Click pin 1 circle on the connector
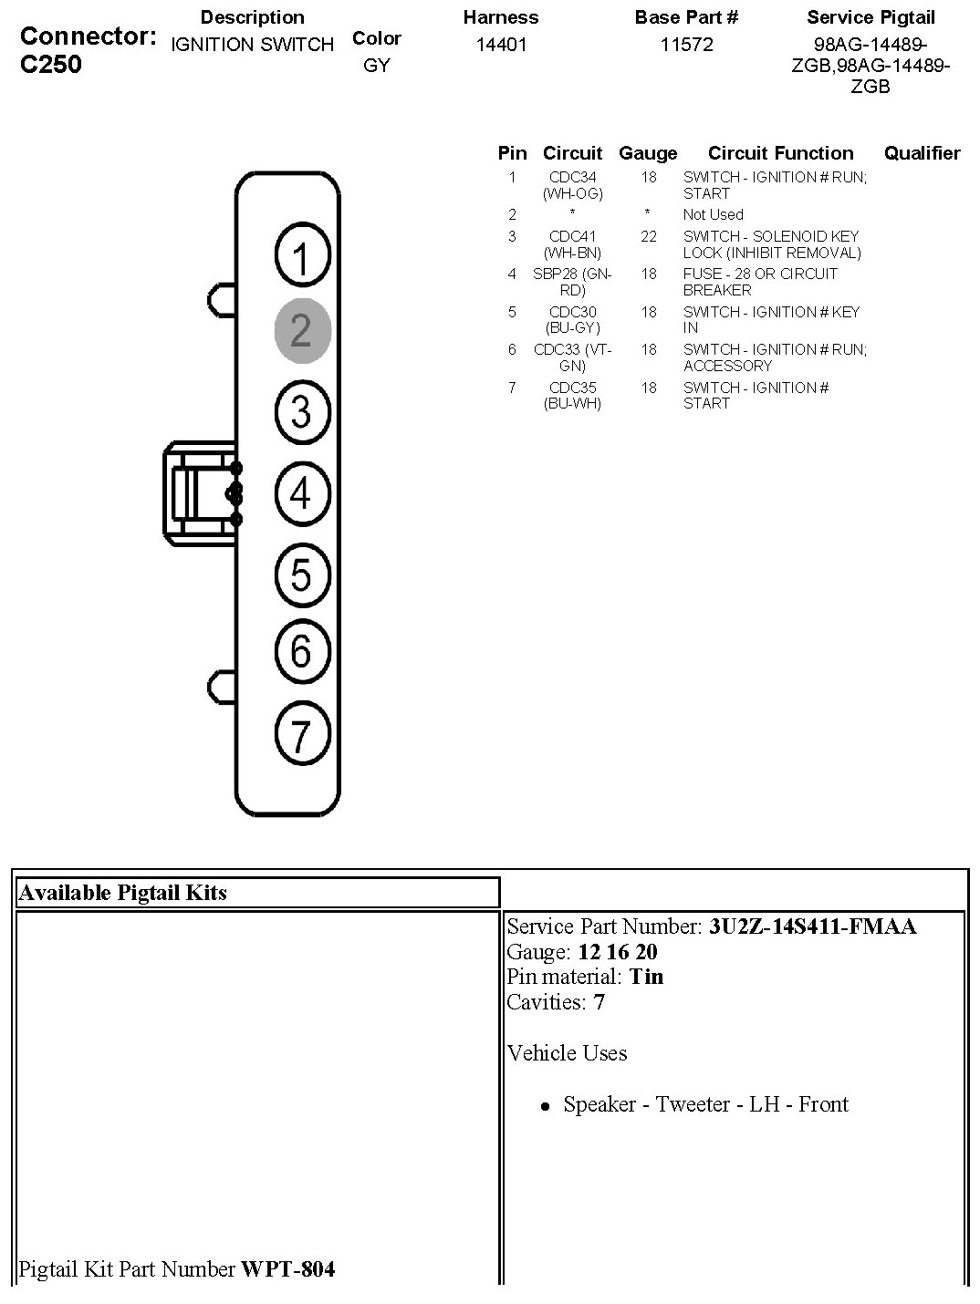click(x=302, y=257)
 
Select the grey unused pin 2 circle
click(x=302, y=330)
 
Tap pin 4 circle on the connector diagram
click(x=302, y=494)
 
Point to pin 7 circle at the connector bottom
click(x=302, y=733)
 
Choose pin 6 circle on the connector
click(x=302, y=651)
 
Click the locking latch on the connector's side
click(x=201, y=493)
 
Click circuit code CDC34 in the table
click(x=572, y=177)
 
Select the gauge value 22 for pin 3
click(x=648, y=236)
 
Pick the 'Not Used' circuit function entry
click(x=713, y=214)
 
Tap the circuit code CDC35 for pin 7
click(x=572, y=388)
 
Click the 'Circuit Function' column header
click(x=780, y=153)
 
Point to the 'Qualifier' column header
click(x=922, y=153)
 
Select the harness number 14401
click(x=501, y=45)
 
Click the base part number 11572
click(x=686, y=45)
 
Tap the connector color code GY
click(x=376, y=66)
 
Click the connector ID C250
click(x=51, y=64)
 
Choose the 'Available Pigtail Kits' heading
click(x=122, y=893)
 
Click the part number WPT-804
click(x=287, y=1268)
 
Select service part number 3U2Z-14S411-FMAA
click(x=812, y=926)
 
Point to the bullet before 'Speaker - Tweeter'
click(x=545, y=1106)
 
